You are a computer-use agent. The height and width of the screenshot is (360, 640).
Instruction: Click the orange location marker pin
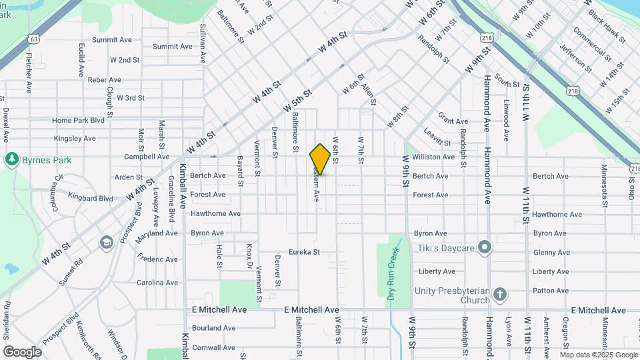(x=320, y=159)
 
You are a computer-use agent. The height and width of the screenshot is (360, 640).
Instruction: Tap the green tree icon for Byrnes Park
(x=11, y=159)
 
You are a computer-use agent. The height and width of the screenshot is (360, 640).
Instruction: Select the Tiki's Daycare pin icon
(x=485, y=248)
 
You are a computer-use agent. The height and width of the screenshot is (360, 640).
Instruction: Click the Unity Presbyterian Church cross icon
(x=501, y=293)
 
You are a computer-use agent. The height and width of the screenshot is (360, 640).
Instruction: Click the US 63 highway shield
(x=35, y=39)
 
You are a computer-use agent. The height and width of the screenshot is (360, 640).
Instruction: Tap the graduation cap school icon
(x=106, y=242)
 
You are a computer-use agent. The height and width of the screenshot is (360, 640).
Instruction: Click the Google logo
(x=22, y=351)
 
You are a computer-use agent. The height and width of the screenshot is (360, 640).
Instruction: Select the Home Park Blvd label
(x=79, y=121)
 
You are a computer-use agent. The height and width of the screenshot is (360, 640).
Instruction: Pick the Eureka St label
(x=304, y=253)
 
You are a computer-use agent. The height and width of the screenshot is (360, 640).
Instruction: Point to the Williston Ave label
(x=433, y=157)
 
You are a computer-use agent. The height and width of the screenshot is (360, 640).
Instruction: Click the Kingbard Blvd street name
(x=91, y=198)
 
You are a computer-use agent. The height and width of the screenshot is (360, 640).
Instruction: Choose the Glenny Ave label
(x=551, y=253)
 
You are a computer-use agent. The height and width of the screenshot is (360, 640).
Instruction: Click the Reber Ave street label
(x=104, y=80)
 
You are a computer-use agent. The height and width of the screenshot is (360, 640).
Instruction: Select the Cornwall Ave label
(x=213, y=347)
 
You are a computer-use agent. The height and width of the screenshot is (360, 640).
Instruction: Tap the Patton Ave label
(x=550, y=291)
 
